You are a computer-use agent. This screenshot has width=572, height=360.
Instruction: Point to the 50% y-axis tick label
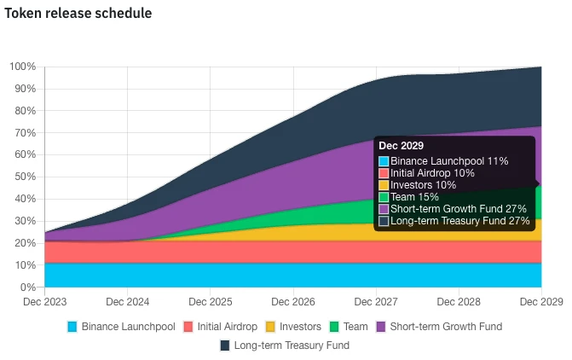click(24, 177)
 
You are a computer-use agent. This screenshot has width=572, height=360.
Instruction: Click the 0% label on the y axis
click(27, 287)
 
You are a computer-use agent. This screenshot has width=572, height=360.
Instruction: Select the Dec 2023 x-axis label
click(44, 302)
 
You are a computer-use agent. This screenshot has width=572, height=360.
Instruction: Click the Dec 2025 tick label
click(210, 302)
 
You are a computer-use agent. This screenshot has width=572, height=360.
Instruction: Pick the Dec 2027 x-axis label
click(376, 302)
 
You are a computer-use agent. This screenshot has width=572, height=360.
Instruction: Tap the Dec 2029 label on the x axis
click(540, 302)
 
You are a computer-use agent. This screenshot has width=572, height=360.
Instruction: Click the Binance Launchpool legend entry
click(121, 326)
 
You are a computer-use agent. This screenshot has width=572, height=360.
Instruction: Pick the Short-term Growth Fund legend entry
click(439, 326)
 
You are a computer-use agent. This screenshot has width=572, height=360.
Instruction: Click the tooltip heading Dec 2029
click(402, 146)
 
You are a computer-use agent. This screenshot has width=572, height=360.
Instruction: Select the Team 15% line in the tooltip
click(414, 197)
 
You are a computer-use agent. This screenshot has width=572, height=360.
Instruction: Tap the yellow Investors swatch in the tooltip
click(384, 185)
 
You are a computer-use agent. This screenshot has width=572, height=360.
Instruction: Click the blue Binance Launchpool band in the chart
click(256, 276)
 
